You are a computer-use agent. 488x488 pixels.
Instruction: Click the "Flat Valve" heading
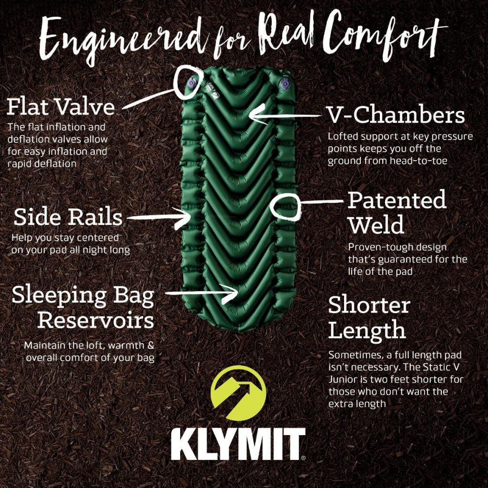[x=61, y=107]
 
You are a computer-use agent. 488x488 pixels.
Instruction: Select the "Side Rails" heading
[x=68, y=217]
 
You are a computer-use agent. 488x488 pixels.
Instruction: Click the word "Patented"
[x=397, y=200]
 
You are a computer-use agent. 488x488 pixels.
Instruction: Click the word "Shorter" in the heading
[x=369, y=305]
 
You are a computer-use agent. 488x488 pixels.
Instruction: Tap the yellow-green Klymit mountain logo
[x=238, y=393]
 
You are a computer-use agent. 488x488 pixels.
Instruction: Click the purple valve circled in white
[x=191, y=83]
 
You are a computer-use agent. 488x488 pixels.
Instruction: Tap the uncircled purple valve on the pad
[x=285, y=84]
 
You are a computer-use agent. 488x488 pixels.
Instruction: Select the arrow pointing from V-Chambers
[x=285, y=115]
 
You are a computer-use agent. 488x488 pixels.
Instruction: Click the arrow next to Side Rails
[x=159, y=217]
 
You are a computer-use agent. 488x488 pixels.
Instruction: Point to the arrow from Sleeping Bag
[x=201, y=293]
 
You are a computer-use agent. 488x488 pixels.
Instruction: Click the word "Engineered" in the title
[x=124, y=39]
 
